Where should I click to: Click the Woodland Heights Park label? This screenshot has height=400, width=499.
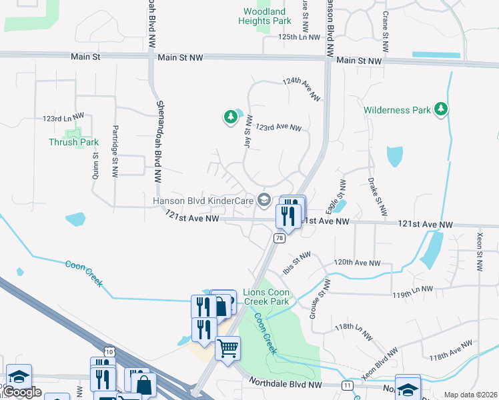264,16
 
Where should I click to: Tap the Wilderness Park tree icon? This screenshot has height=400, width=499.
440,109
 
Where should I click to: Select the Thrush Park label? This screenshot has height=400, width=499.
73,142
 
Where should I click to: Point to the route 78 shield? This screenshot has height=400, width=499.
279,238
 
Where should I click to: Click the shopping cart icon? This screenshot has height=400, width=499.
227,347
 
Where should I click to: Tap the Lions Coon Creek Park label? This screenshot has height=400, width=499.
266,297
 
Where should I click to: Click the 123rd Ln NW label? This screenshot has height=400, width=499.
57,118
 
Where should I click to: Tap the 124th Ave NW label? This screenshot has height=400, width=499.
302,89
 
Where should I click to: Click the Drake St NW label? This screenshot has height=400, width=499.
377,197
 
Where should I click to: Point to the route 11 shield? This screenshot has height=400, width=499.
348,385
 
